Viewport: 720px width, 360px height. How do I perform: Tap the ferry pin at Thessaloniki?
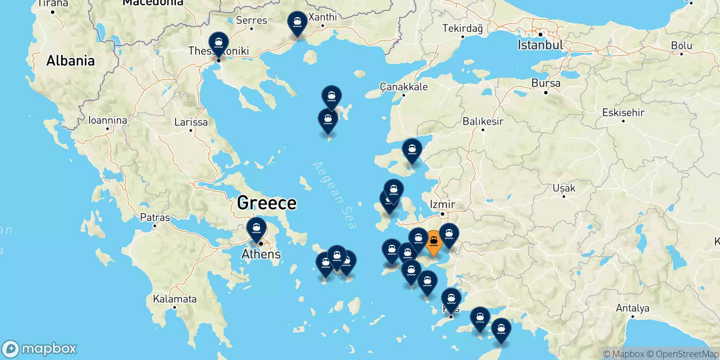coord(218,44)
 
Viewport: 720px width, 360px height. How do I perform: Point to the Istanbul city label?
coord(540,45)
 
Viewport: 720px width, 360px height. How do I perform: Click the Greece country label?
coord(267,203)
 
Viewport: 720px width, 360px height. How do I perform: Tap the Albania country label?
coord(71,61)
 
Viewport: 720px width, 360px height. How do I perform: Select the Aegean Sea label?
coord(334,195)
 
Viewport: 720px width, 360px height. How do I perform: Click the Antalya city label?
coord(632,308)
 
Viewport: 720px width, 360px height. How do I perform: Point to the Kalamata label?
coord(175,299)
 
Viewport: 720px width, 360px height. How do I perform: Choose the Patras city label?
coord(155,217)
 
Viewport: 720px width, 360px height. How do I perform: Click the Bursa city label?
coord(546,83)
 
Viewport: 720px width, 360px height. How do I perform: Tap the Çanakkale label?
coord(404,87)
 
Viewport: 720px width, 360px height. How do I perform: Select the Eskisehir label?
coord(623,112)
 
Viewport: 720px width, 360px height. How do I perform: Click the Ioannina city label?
coord(108,120)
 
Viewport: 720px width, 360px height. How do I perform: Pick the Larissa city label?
coord(191,122)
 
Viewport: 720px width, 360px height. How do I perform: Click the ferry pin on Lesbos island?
coord(412,149)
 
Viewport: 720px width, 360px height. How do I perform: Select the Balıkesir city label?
coord(483,121)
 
